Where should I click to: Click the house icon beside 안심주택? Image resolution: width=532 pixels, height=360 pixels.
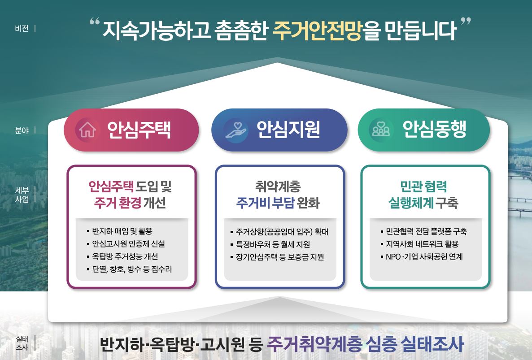87,130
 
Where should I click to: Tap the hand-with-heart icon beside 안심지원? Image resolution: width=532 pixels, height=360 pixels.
235,130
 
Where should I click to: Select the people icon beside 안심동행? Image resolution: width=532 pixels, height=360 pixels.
381,130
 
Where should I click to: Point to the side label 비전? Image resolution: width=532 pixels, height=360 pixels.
22,29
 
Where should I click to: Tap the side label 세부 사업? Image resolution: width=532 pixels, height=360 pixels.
22,195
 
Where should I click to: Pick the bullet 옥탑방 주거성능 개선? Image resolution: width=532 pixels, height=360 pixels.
124,257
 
